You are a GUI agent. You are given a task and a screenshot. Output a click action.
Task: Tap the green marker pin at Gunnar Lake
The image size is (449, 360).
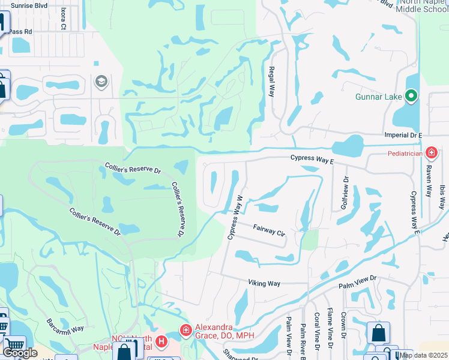tap(411, 95)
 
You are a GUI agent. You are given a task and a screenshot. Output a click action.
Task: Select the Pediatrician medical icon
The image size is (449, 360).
tap(431, 154)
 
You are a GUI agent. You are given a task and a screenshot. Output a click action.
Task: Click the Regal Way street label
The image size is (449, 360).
tap(272, 82)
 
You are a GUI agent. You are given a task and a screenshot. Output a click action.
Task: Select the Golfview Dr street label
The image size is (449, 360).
tap(345, 192)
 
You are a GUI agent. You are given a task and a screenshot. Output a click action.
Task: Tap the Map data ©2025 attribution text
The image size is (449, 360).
tap(423, 355)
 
